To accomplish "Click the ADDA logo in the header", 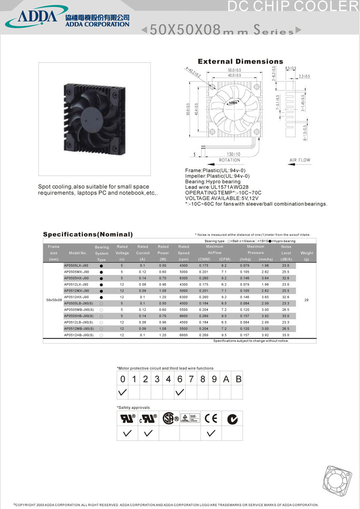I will point(37,17).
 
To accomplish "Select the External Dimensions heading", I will point(240,62).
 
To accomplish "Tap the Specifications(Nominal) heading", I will point(88,235).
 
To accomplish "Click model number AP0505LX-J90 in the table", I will point(76,265).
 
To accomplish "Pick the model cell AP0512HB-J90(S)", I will point(79,335).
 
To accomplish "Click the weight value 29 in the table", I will point(307,300).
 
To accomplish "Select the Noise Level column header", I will point(286,253).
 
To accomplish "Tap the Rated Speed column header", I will point(183,253).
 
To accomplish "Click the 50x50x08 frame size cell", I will point(54,300).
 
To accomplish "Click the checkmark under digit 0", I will point(123,393).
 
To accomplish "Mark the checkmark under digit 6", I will point(180,393).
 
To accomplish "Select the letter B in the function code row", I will point(238,379).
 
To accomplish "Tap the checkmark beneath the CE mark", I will point(211,433).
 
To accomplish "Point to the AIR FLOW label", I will point(300,160).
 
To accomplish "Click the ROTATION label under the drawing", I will point(230,160).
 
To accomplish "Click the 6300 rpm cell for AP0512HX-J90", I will point(183,297).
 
